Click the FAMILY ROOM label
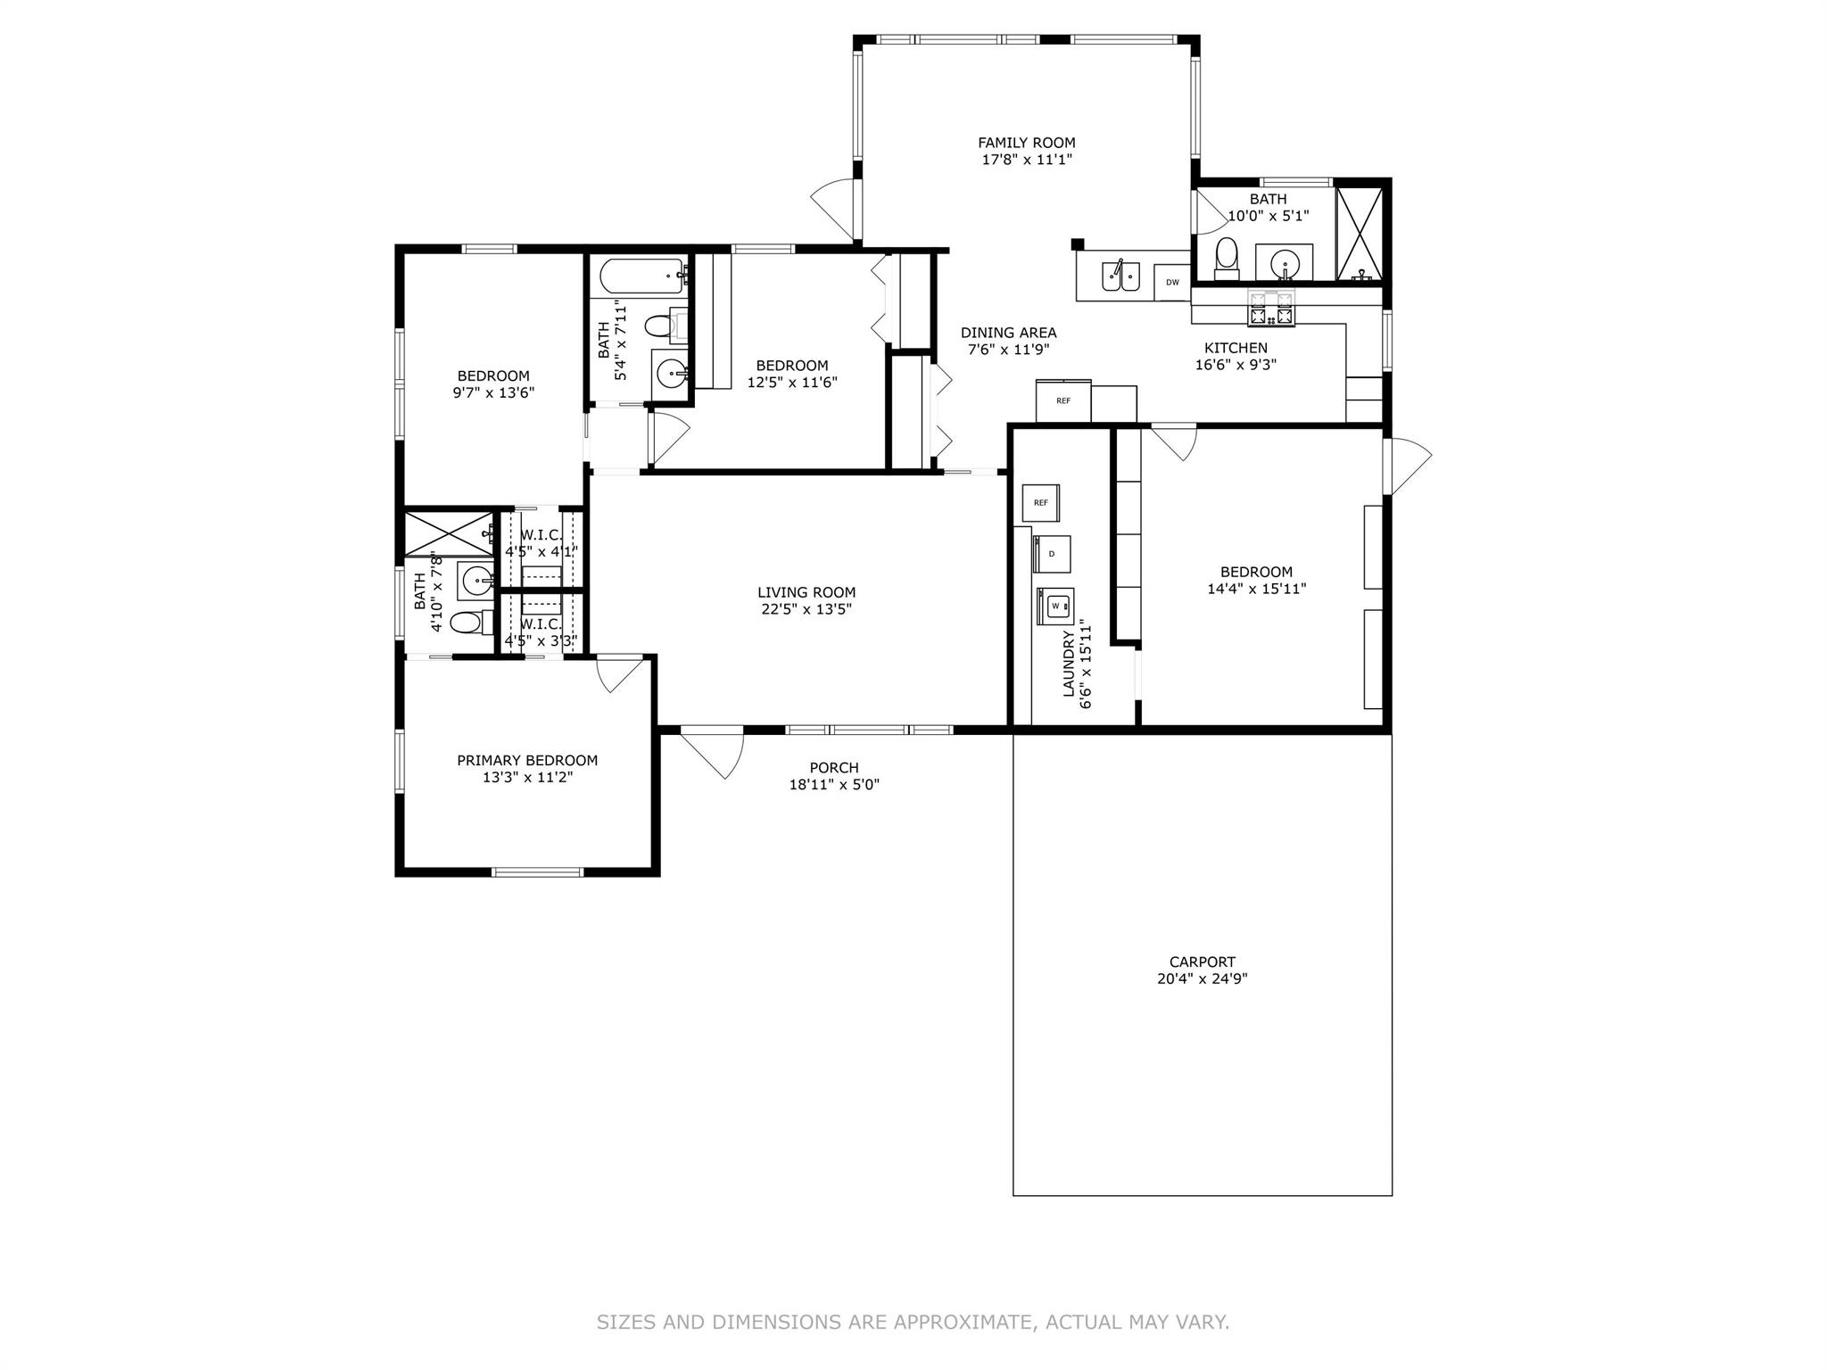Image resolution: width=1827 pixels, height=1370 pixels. (x=1026, y=143)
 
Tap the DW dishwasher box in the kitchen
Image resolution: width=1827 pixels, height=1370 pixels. (x=1172, y=282)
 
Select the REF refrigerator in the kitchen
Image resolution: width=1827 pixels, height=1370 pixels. (x=1063, y=400)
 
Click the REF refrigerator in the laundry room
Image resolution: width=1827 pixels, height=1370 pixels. (x=1040, y=503)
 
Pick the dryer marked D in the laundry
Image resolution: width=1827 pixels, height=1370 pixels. (x=1052, y=554)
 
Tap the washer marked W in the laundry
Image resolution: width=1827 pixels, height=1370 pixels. (x=1055, y=606)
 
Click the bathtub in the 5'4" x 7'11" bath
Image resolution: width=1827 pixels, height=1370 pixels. (x=641, y=276)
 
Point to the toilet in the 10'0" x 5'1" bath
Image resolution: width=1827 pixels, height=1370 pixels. (x=1228, y=256)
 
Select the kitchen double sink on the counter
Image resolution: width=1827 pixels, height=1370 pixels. (x=1115, y=276)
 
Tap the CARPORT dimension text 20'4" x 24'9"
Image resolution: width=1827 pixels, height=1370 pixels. (x=1203, y=978)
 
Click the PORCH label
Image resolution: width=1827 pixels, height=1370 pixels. (x=834, y=768)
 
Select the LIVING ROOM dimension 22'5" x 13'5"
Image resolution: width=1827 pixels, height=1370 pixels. (x=806, y=609)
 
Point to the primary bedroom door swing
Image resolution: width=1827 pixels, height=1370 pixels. (x=618, y=673)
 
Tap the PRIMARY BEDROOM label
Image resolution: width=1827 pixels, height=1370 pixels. (x=527, y=761)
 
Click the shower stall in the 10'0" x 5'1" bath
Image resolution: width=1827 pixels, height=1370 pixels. (x=1360, y=234)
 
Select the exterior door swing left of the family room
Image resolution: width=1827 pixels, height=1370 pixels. (x=833, y=202)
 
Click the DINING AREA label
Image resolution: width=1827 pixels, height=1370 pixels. (x=1008, y=333)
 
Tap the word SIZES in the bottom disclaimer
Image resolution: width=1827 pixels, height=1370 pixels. (x=629, y=1323)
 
